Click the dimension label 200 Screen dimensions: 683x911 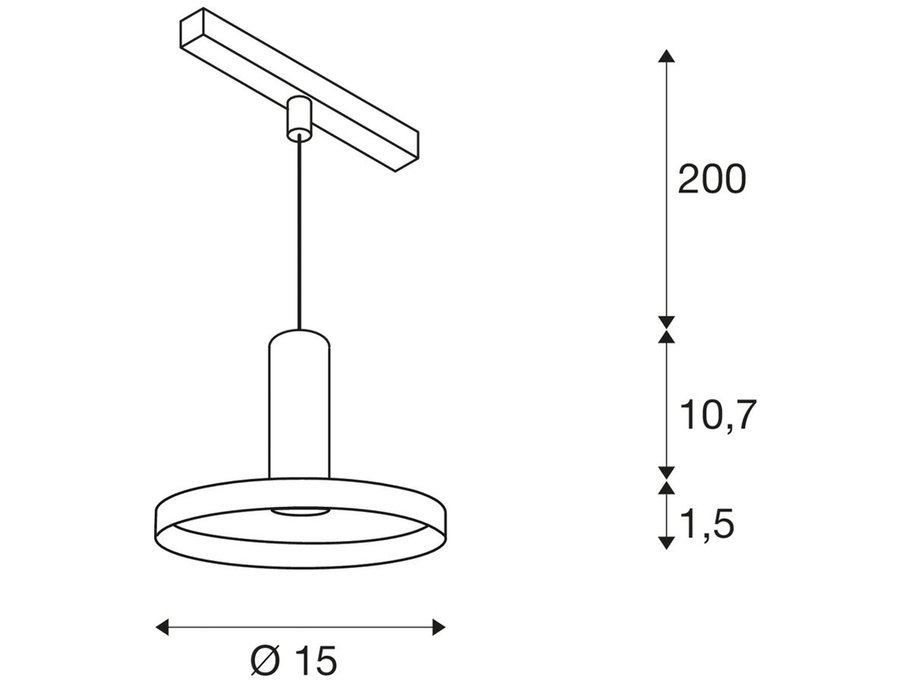coord(711,181)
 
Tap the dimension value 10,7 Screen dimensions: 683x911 coord(717,415)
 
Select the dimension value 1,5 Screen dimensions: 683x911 coord(707,524)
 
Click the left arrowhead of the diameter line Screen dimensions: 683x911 coord(162,626)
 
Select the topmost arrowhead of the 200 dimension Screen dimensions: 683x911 coord(666,55)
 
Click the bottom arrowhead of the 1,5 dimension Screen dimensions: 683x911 coord(666,542)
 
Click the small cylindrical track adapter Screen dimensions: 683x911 coord(299,118)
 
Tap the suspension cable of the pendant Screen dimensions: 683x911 coord(299,235)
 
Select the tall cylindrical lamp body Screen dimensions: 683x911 coord(299,410)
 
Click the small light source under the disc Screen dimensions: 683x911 coord(299,514)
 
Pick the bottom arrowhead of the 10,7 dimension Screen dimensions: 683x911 coord(666,473)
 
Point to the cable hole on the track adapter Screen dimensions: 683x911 coord(299,135)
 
